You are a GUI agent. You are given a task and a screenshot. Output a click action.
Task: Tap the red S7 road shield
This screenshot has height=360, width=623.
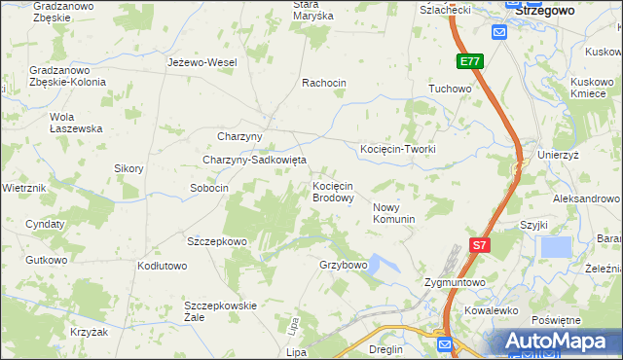[x=479, y=246]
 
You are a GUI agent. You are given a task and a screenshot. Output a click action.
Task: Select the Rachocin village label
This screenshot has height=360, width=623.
[x=324, y=83]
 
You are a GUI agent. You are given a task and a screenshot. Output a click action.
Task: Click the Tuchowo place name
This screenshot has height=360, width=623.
[x=450, y=89]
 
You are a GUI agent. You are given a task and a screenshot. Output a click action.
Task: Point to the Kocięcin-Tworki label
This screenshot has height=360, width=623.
[x=397, y=149]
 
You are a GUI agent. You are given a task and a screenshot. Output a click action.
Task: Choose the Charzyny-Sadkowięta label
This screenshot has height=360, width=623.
[x=254, y=160]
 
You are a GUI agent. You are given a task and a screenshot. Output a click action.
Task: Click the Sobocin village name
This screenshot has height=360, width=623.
[x=209, y=188]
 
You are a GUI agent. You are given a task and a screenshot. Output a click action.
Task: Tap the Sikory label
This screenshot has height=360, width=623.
[x=128, y=168]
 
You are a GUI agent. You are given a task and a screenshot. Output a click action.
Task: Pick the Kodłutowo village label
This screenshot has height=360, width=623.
[x=162, y=266]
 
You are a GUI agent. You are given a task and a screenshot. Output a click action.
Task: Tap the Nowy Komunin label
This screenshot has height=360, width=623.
[x=394, y=213]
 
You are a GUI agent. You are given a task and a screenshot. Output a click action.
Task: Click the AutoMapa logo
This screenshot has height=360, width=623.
[x=559, y=342]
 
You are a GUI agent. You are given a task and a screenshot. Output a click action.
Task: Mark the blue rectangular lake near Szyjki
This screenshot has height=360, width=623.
[x=555, y=247]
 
